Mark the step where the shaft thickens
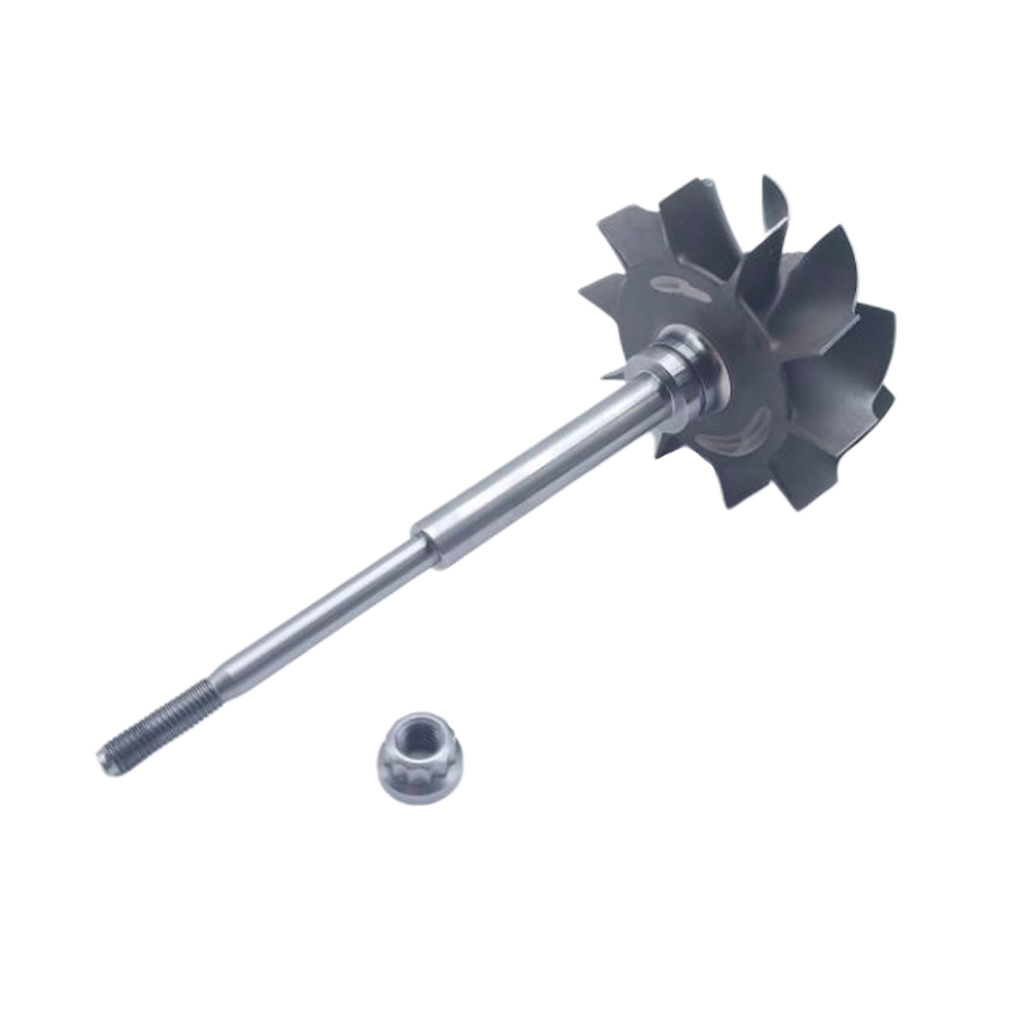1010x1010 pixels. tap(426, 539)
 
